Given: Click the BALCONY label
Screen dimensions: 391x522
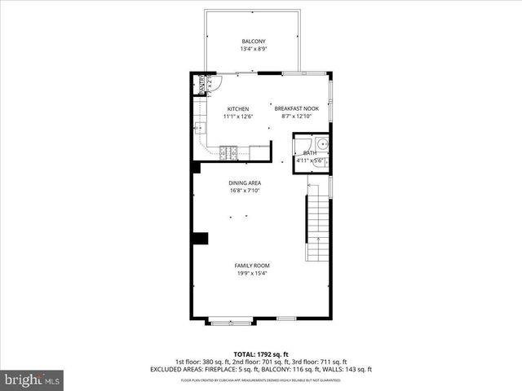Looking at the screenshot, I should click(254, 42).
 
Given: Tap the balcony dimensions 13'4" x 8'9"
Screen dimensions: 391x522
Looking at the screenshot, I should click(254, 50).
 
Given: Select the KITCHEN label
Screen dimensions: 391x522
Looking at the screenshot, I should click(238, 109).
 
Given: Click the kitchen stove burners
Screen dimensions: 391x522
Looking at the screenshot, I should click(228, 151).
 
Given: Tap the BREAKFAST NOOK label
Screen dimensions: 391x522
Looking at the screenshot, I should click(295, 109).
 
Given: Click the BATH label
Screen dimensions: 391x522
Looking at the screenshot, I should click(310, 152).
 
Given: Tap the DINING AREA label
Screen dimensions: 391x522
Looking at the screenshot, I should click(245, 183).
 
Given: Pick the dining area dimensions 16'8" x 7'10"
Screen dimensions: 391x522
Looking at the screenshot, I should click(245, 191).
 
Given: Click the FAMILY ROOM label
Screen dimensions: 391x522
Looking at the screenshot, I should click(252, 266).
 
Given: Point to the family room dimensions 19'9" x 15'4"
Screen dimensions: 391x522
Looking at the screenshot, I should click(252, 274).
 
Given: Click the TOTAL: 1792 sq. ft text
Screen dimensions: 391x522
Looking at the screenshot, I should click(261, 354).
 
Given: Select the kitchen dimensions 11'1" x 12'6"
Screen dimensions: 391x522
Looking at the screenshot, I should click(238, 117).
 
